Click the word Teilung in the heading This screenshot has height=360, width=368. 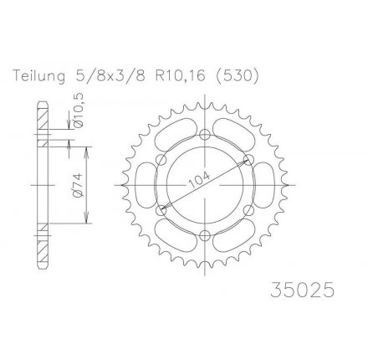pos(39,76)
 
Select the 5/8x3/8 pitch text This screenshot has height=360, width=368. pos(108,76)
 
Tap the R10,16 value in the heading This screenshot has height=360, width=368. pos(182,76)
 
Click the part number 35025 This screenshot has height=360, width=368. pos(302,290)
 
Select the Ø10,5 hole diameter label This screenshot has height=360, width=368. pos(79,111)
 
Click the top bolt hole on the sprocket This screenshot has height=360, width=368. pos(205,135)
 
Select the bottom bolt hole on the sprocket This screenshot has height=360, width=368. pos(205,235)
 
